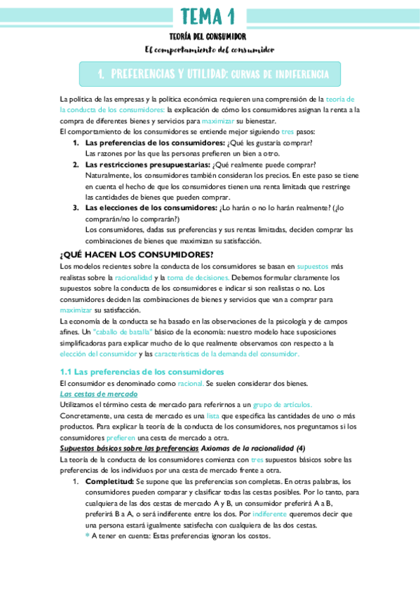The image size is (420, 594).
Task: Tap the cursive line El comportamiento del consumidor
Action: click(209, 50)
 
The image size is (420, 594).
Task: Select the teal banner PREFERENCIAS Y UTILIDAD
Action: click(210, 74)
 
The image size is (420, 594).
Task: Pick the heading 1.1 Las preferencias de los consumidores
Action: click(142, 371)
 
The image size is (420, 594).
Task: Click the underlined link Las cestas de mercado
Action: click(98, 394)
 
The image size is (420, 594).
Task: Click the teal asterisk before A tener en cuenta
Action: click(88, 536)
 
